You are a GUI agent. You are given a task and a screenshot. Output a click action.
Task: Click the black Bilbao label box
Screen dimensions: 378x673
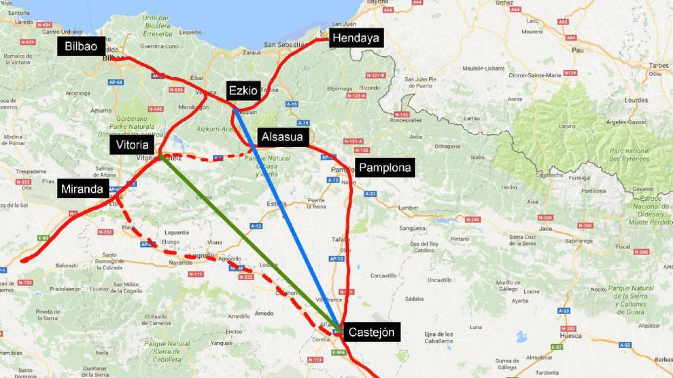click(x=81, y=46)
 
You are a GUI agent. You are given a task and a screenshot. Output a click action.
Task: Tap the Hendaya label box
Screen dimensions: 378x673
click(x=355, y=38)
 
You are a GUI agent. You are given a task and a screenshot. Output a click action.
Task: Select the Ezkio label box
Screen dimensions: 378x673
click(x=243, y=91)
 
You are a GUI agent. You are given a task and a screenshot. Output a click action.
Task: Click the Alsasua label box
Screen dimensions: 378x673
click(x=282, y=137)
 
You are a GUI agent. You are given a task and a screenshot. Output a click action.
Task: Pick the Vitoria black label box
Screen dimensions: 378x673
click(x=132, y=145)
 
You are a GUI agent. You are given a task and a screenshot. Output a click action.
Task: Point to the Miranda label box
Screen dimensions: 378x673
click(x=82, y=189)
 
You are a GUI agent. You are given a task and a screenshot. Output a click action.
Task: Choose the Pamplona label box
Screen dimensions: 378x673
click(x=385, y=168)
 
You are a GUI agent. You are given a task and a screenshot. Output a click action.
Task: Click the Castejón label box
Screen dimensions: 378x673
click(x=371, y=332)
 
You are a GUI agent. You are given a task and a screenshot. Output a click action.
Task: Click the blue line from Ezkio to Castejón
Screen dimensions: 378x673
click(x=287, y=217)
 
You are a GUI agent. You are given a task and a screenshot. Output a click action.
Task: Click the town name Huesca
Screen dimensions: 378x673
click(x=570, y=336)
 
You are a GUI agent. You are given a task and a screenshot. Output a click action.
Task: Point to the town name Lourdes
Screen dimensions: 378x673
click(x=636, y=100)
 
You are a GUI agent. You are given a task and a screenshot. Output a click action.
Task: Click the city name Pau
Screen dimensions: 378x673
click(x=578, y=50)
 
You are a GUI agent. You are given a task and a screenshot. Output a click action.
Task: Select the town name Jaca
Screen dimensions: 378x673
click(x=545, y=229)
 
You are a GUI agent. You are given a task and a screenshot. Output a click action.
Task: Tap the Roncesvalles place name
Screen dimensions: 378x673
click(x=406, y=120)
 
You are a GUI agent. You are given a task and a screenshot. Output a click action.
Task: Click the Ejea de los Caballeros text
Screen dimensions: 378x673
click(x=439, y=337)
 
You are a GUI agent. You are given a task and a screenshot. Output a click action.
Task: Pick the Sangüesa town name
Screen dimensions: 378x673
click(x=412, y=228)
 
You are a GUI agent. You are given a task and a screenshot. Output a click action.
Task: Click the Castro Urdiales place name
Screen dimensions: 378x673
click(x=62, y=32)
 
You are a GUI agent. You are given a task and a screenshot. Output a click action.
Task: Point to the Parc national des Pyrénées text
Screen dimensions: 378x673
click(x=629, y=155)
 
